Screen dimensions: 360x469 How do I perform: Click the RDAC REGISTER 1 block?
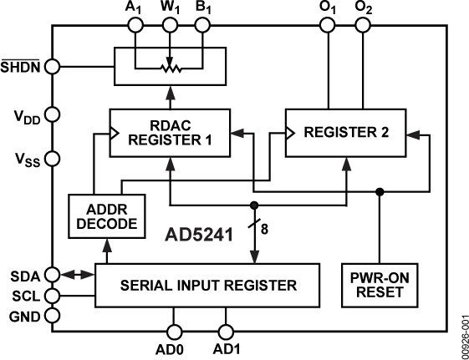click(170, 132)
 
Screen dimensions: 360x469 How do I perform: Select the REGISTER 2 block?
click(345, 132)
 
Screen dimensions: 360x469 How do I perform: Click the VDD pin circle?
click(53, 114)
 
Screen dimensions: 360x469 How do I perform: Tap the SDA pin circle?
click(53, 274)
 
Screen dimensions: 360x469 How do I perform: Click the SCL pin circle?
click(53, 295)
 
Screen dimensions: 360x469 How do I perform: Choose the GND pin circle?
click(53, 316)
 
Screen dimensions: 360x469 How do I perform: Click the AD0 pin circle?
click(175, 331)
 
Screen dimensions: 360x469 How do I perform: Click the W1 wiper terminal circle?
click(171, 26)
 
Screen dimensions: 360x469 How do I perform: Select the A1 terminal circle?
click(135, 26)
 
